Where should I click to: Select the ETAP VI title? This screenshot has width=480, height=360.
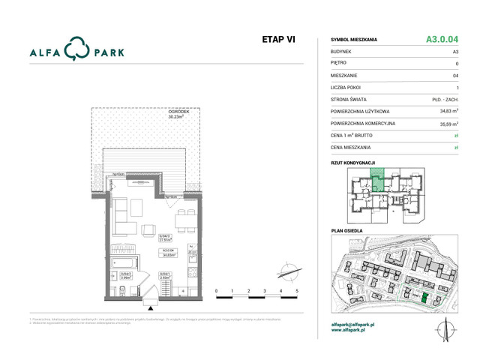click(x=277, y=40)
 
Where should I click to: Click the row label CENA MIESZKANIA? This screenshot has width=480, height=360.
click(x=355, y=148)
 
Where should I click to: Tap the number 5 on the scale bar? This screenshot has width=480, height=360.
click(x=297, y=290)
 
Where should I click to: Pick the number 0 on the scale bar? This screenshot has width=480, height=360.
click(x=216, y=290)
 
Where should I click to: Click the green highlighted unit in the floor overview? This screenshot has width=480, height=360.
click(x=379, y=180)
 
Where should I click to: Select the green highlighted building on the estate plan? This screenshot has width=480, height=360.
click(x=425, y=298)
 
